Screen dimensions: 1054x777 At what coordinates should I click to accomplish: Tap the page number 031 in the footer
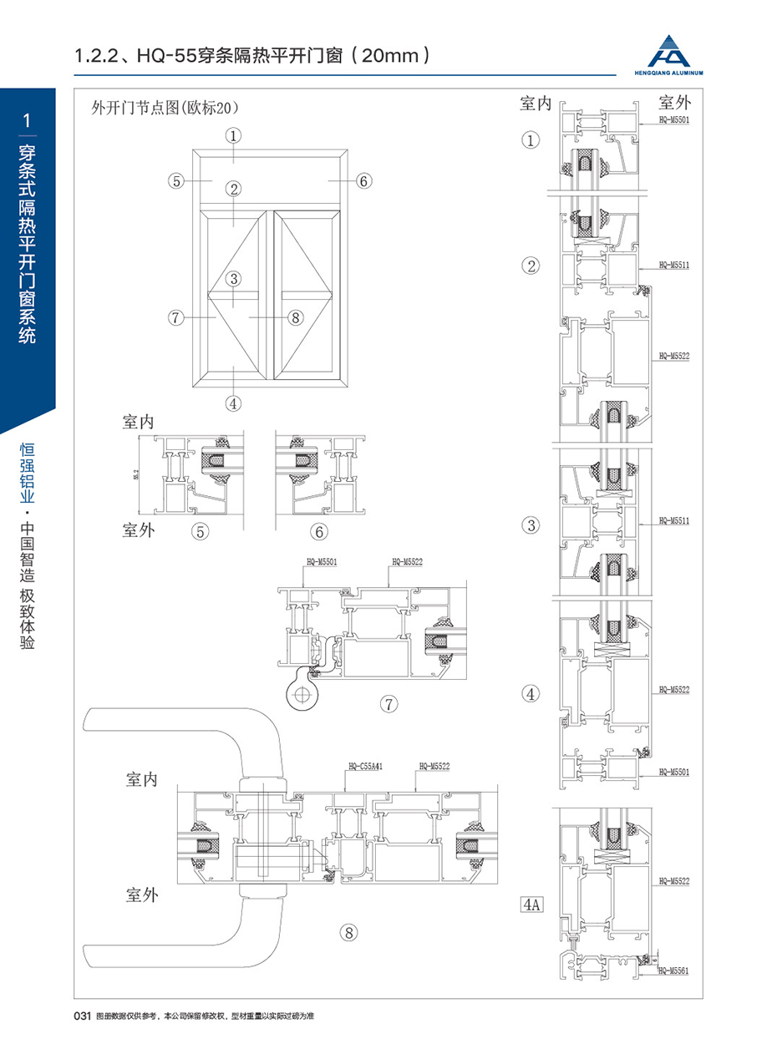(x=82, y=1016)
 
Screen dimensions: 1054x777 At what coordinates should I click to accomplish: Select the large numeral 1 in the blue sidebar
(x=28, y=121)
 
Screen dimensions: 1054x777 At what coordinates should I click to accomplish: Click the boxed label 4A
(x=531, y=905)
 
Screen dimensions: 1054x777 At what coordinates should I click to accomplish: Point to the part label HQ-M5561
(x=673, y=970)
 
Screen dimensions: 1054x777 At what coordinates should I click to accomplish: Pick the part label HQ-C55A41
(x=365, y=765)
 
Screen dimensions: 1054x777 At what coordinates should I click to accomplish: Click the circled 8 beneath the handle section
(x=349, y=933)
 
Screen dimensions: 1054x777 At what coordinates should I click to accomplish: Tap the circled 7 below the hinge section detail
(x=389, y=703)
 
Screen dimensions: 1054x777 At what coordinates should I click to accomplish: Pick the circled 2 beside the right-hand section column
(x=531, y=266)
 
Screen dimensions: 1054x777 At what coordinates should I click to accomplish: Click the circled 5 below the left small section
(x=200, y=531)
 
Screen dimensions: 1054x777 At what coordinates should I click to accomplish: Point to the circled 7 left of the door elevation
(x=175, y=317)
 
